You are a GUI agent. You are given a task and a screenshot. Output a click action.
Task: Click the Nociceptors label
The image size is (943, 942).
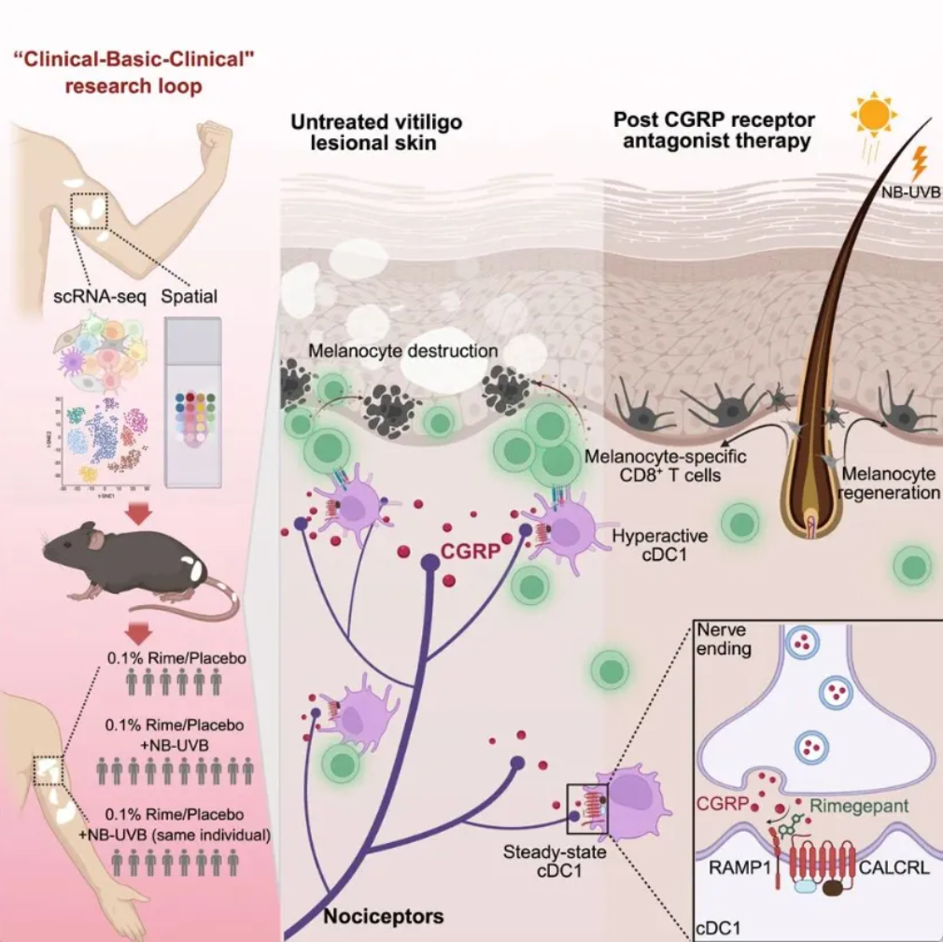click(x=384, y=915)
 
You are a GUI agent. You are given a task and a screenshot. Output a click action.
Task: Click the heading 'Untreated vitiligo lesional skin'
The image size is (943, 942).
click(x=375, y=133)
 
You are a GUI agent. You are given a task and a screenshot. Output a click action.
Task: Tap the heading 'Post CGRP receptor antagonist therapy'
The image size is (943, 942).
click(x=714, y=130)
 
